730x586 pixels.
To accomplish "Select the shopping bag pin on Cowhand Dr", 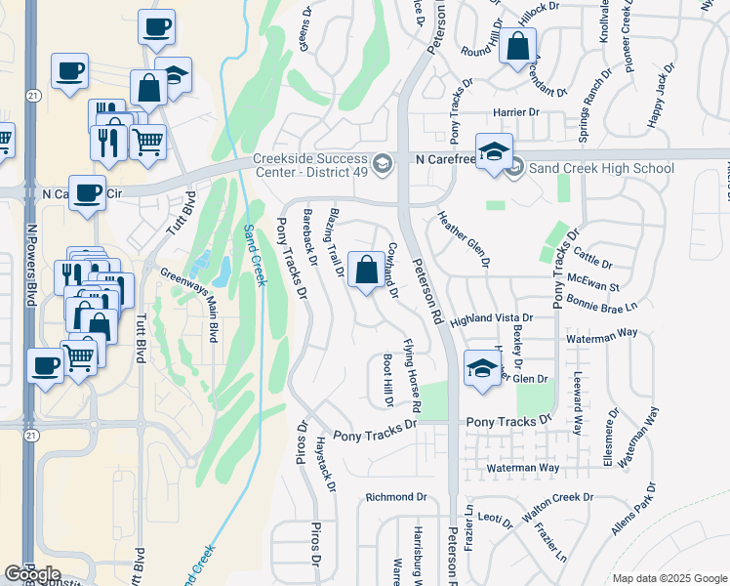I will [x=365, y=271].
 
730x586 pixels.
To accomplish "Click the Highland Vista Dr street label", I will [x=491, y=318].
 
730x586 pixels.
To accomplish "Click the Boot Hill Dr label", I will [x=387, y=379].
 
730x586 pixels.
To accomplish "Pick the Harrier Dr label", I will [x=516, y=112].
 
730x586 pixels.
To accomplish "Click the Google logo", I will [x=32, y=574].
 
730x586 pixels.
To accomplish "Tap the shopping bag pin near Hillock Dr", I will [x=516, y=46].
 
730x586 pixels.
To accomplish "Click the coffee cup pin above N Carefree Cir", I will [x=85, y=191].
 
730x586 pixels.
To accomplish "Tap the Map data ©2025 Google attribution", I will [x=669, y=579].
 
